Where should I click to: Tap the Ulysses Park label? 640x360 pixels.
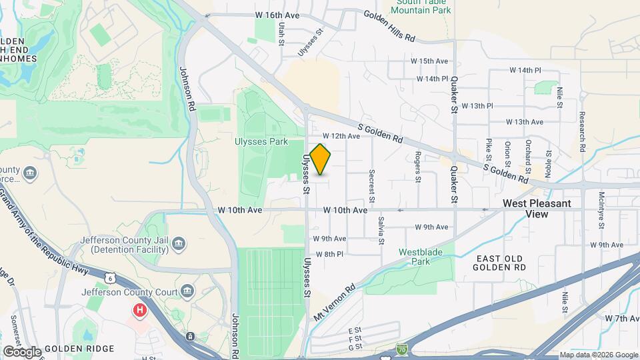pos(261,141)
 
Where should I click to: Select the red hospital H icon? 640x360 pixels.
pos(140,310)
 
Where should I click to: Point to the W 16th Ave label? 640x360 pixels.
pos(273,14)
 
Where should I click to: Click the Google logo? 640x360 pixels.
pos(22,351)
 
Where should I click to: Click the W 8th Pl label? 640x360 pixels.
pos(329,254)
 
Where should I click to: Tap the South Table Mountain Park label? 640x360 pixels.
pos(423,6)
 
